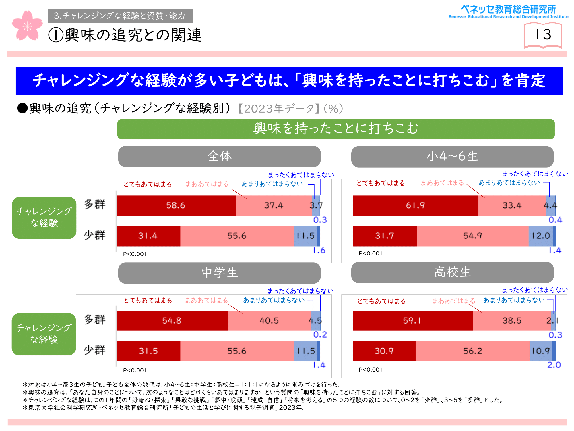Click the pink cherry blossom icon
click(27, 26)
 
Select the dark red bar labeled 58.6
click(176, 205)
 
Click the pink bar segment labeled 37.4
click(274, 205)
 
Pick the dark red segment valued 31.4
click(148, 236)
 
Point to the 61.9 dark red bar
click(415, 205)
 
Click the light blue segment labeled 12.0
click(540, 236)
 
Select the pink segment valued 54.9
click(472, 236)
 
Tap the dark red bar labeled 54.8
click(172, 321)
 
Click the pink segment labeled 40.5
click(269, 321)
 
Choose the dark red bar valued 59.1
click(412, 321)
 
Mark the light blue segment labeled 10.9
click(540, 351)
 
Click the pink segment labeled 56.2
click(472, 351)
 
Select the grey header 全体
click(219, 157)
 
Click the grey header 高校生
click(452, 272)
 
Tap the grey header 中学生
click(219, 273)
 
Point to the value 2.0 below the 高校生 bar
click(554, 365)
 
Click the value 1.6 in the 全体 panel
click(319, 250)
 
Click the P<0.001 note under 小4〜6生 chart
click(370, 253)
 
